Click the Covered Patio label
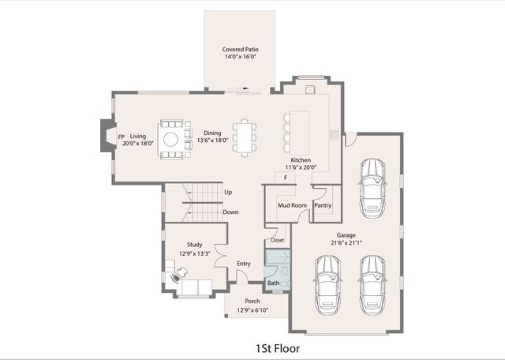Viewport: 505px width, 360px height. click(240, 49)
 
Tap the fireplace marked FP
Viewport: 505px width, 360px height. click(109, 135)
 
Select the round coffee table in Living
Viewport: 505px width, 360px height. click(170, 140)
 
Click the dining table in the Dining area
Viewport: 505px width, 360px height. click(245, 137)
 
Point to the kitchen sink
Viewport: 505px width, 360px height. click(310, 89)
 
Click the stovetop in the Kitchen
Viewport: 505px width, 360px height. click(335, 134)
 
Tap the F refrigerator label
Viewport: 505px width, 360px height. click(286, 178)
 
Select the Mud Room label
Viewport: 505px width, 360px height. click(292, 205)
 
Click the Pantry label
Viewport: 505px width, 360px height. click(323, 205)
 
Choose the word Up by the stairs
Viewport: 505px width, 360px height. click(228, 193)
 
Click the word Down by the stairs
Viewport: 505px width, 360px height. click(230, 212)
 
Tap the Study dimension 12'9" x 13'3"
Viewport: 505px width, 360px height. click(195, 253)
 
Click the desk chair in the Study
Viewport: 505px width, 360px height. click(182, 272)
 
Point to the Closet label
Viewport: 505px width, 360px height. click(277, 240)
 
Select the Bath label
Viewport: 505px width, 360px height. click(274, 283)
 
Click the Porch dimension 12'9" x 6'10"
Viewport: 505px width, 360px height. click(252, 310)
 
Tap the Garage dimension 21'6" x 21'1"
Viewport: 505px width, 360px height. click(346, 242)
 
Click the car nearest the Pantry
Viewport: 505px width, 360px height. click(372, 188)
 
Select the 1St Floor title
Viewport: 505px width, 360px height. click(278, 348)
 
